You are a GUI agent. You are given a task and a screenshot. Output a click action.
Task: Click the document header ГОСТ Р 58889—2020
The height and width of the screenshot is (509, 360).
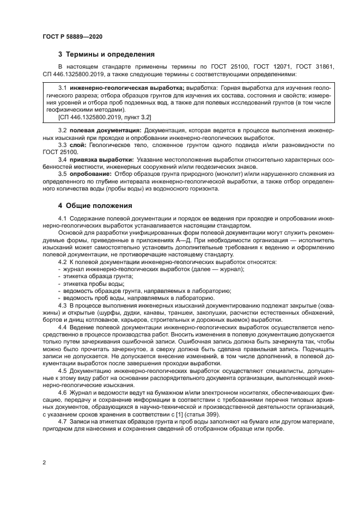72,36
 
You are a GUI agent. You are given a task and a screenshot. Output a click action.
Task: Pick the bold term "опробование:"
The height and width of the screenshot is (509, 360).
89,173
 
